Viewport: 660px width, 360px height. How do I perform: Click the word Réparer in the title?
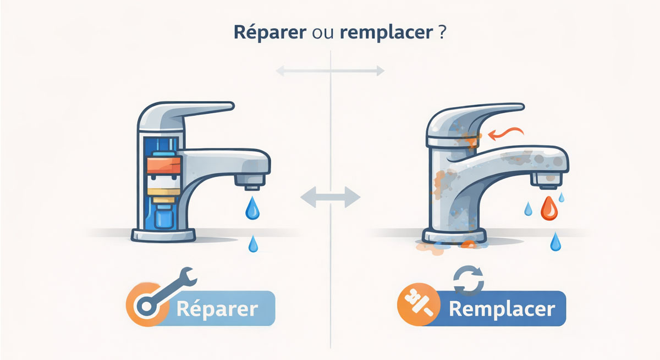coord(270,32)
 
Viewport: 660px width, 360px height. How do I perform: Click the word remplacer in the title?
coord(386,33)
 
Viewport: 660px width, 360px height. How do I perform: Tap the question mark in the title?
coord(442,32)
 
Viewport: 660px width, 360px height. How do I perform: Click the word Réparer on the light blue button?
coord(217,309)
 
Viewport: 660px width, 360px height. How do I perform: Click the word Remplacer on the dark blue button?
coord(502,309)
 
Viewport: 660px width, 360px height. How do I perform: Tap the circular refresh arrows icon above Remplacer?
coord(469,280)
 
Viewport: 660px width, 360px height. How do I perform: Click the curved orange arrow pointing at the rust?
coord(505,133)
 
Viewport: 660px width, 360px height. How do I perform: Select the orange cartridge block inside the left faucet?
coord(164,165)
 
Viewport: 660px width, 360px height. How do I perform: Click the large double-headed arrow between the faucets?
coord(331,197)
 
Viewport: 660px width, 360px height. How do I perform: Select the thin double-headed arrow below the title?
coord(330,71)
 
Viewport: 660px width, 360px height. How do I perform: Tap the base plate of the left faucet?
coord(163,235)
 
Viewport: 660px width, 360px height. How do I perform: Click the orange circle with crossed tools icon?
coord(419,304)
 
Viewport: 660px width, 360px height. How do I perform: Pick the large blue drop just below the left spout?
coord(252,208)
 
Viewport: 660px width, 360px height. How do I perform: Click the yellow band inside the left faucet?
coord(164,192)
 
